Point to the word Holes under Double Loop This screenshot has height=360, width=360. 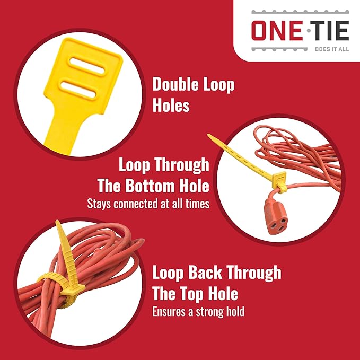[x=171, y=105]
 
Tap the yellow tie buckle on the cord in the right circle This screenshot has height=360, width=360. [x=279, y=181]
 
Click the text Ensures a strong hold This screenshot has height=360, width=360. [x=198, y=312]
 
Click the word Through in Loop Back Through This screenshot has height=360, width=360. [x=253, y=273]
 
